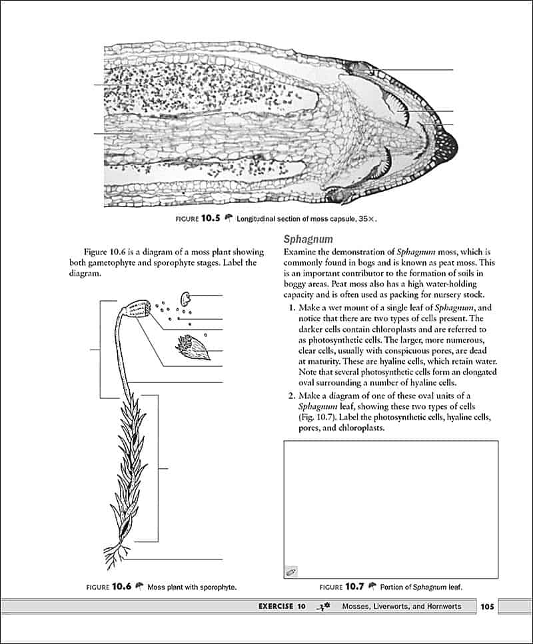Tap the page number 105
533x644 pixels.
click(x=486, y=606)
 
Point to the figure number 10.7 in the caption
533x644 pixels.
click(x=354, y=587)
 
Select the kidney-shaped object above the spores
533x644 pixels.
click(x=185, y=297)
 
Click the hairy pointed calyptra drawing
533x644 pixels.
click(x=193, y=347)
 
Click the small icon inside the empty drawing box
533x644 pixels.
click(x=291, y=571)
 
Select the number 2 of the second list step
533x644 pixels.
click(x=291, y=396)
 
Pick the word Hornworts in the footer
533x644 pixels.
click(x=450, y=606)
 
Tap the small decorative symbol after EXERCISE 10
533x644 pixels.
click(x=323, y=606)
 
